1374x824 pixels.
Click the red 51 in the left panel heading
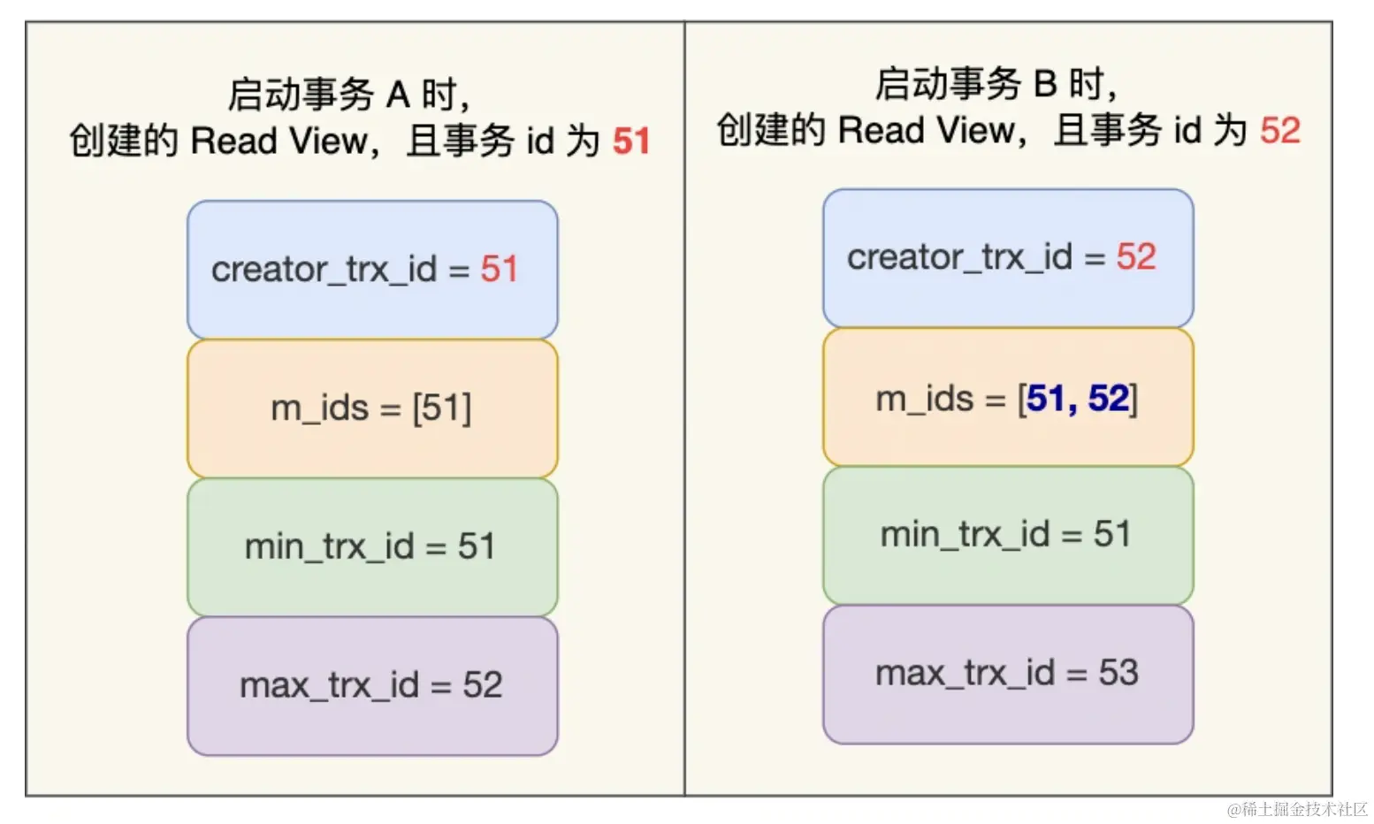(631, 141)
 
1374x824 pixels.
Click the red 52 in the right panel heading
(1279, 131)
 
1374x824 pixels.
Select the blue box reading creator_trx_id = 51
(372, 269)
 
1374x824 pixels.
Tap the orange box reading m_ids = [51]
(372, 408)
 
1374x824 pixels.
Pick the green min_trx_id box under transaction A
(372, 546)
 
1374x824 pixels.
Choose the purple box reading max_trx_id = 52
(372, 685)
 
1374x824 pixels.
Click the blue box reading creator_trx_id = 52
(1008, 257)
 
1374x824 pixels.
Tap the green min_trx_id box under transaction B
(1008, 535)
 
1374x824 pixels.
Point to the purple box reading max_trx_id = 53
(1008, 674)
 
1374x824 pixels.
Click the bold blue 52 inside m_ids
(1109, 399)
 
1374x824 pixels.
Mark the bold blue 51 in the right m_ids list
(1047, 399)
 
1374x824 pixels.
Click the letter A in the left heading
(397, 95)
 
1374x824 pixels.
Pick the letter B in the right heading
(1045, 84)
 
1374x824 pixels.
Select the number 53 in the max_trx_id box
(1118, 674)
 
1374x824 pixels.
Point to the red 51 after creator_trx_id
(499, 269)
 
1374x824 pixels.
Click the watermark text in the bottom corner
(1297, 809)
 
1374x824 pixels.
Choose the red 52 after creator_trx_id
(1136, 257)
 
